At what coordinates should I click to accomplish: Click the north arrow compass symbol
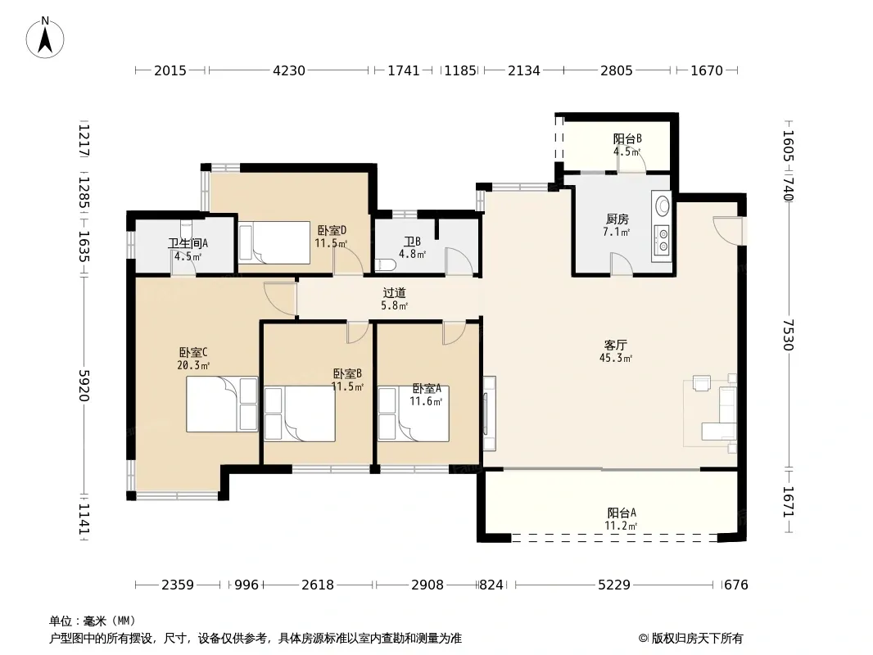click(45, 38)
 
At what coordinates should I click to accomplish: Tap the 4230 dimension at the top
click(289, 70)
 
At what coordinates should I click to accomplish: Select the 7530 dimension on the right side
click(788, 334)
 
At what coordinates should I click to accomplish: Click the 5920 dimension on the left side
click(84, 385)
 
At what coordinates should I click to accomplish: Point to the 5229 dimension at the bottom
click(614, 585)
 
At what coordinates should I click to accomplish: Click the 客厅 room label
click(615, 345)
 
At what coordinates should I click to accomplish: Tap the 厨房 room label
click(617, 219)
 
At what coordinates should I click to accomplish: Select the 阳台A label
click(622, 513)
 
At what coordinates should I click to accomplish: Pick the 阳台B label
click(627, 138)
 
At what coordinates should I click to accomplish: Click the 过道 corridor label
click(394, 292)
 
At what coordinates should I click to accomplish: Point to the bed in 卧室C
click(222, 404)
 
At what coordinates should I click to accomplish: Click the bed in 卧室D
click(274, 242)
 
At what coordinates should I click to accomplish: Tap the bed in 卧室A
click(414, 414)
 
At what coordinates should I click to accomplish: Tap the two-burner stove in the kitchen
click(663, 240)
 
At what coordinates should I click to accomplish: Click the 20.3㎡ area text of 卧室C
click(193, 366)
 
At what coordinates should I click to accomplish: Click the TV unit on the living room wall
click(489, 413)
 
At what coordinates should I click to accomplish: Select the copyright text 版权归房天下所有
click(697, 639)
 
